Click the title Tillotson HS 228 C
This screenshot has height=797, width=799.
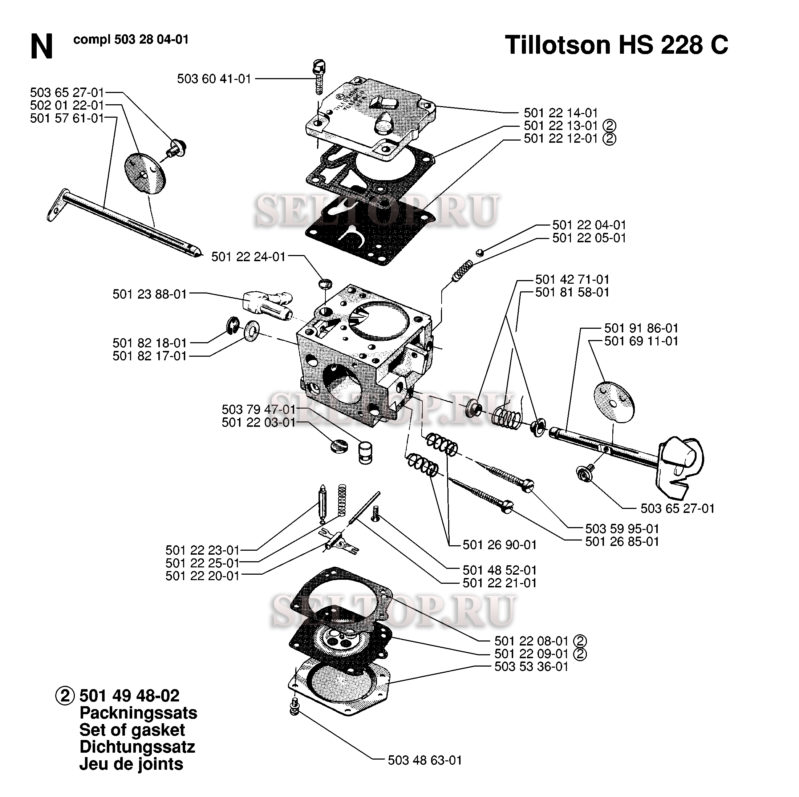[616, 45]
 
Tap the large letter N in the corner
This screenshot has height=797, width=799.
[41, 47]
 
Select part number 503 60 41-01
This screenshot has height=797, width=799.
[214, 78]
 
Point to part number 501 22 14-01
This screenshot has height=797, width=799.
[561, 113]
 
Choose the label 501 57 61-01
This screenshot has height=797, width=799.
[67, 118]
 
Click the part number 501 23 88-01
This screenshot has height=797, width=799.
[150, 294]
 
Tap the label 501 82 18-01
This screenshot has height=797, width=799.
[150, 343]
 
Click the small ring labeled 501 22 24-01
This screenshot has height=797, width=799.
[325, 284]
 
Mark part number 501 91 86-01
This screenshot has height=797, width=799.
[641, 328]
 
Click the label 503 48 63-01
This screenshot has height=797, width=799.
[425, 760]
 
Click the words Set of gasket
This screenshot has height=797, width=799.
[132, 730]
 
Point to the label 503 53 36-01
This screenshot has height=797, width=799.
[531, 666]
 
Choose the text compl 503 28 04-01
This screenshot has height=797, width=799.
[131, 40]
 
